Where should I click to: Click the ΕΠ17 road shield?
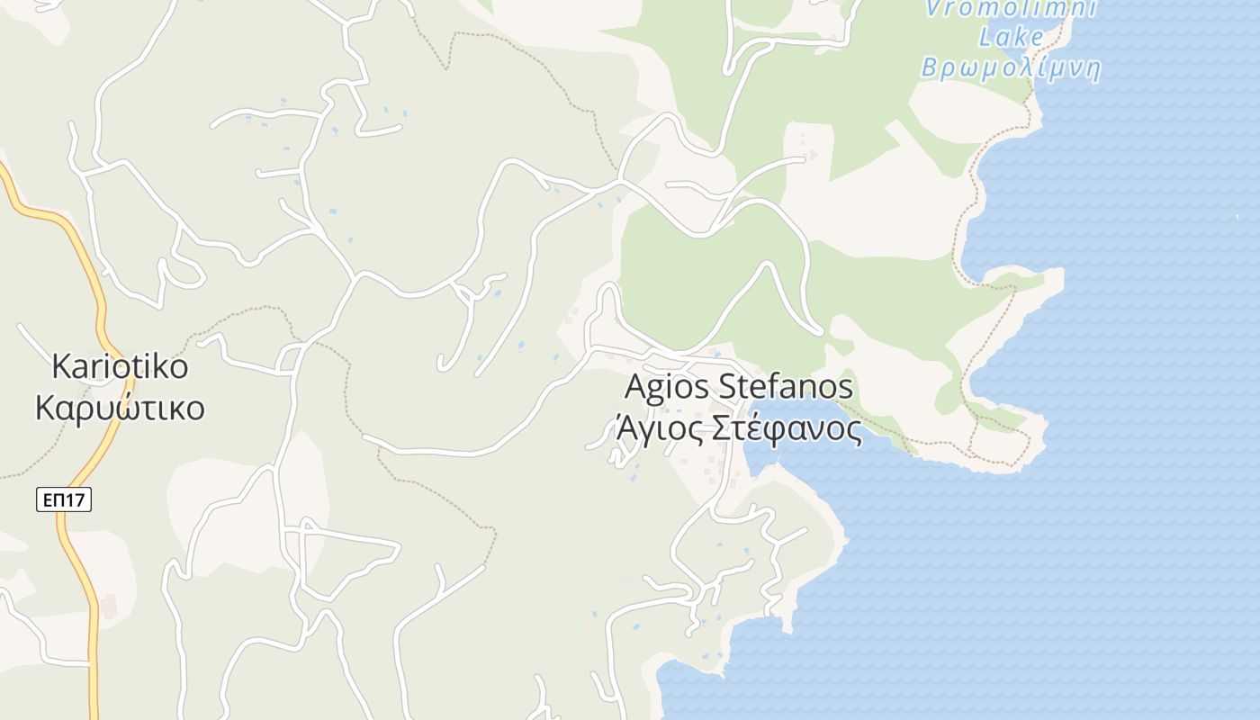click(64, 499)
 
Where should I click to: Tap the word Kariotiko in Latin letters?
click(120, 367)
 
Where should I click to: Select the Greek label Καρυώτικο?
click(120, 408)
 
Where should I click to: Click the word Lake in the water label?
click(1011, 38)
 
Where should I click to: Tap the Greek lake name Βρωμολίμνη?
click(1011, 68)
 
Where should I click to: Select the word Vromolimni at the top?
click(1012, 9)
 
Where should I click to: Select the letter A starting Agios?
click(636, 387)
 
